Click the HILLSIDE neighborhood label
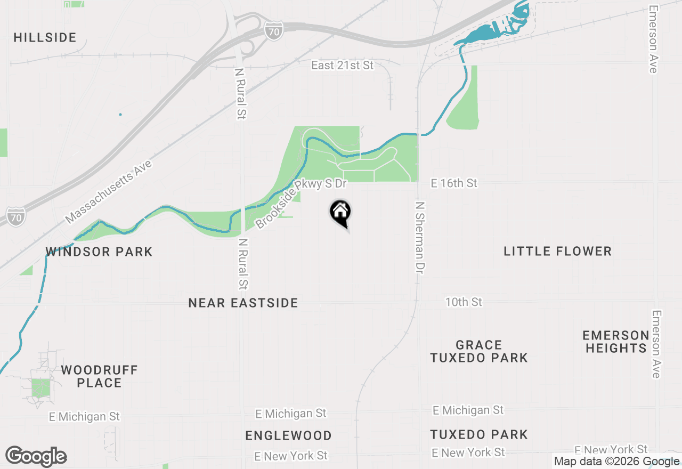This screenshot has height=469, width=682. tap(45, 38)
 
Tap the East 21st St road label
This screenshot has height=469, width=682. tap(343, 66)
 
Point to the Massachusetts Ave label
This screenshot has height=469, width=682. tap(109, 192)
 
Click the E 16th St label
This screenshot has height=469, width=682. tap(454, 183)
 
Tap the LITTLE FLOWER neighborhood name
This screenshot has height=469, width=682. tap(557, 251)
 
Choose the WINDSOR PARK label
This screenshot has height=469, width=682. tap(99, 252)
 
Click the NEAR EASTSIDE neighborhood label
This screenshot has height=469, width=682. tap(243, 303)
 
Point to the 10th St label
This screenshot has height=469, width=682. tap(464, 302)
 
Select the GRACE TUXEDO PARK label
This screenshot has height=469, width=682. tap(479, 351)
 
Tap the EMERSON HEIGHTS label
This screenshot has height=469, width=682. tap(615, 342)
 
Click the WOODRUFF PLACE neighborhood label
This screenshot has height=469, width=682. tap(99, 376)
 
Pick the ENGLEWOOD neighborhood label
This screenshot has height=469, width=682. tap(288, 435)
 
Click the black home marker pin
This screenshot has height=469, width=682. tap(340, 213)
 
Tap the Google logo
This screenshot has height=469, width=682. tap(36, 456)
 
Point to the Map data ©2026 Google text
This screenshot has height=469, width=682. tap(616, 462)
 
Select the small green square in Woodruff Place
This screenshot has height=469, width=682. tap(40, 387)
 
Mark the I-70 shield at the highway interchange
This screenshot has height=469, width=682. tap(273, 31)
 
